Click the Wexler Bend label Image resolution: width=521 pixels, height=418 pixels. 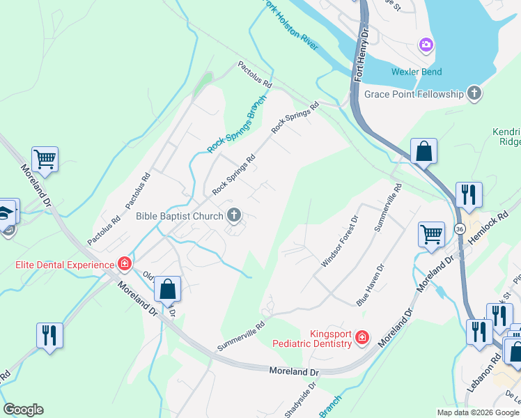point(416,72)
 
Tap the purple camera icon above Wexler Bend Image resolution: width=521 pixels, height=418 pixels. point(426,46)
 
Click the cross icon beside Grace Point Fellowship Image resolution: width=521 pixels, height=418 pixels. point(474,93)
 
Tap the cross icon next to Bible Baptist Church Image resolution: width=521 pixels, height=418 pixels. point(234,217)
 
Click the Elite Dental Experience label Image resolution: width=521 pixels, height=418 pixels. point(65,265)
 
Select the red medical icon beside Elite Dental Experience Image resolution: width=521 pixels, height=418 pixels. point(125,264)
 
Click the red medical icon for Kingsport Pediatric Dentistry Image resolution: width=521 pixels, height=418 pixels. point(361,338)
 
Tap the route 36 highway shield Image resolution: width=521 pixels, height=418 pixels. point(459,229)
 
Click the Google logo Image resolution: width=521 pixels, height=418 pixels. point(23,410)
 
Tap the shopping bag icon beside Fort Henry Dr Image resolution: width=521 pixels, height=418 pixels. point(423,151)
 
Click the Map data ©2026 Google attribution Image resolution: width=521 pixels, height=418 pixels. point(477,412)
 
